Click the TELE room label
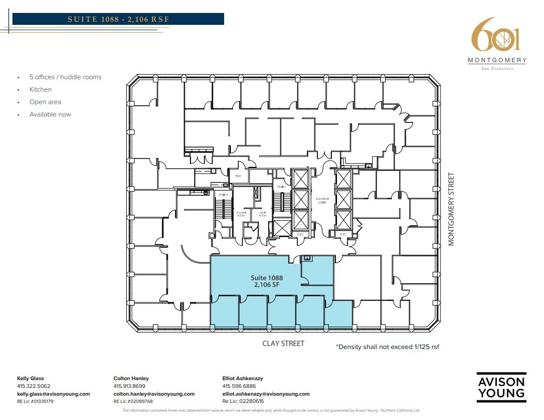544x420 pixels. point(238,176)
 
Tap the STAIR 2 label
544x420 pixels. point(224,195)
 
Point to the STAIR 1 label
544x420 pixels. point(281,187)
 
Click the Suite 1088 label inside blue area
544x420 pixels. point(267,278)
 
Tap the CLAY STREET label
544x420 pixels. point(283,343)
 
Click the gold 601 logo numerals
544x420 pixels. point(495,35)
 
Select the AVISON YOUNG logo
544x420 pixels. point(501,387)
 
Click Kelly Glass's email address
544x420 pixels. point(53,394)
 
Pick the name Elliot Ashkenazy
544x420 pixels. point(242,379)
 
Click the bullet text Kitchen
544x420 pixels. point(40,90)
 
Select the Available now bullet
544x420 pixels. point(50,114)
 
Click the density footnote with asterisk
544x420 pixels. point(387,346)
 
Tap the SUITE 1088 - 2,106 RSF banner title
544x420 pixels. point(119,19)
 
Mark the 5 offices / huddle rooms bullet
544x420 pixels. point(65,77)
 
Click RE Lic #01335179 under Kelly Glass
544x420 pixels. point(35,401)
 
